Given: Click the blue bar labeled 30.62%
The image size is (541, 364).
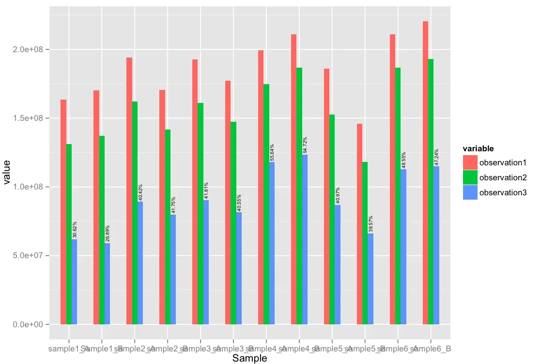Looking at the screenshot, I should pos(74,281).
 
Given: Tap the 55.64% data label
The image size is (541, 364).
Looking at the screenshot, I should pos(272,152).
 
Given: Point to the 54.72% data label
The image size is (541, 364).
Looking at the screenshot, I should pos(305,146).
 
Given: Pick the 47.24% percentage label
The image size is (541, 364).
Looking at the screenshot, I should pos(437,158).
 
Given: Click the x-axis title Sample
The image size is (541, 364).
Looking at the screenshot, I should pos(249,358).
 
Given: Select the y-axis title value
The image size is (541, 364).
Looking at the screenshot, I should pos(7,173).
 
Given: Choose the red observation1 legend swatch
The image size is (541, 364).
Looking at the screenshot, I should pos(470,162).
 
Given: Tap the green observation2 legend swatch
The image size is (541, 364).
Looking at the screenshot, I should pos(470,177).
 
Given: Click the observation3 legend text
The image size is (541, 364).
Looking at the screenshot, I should pos(503,192).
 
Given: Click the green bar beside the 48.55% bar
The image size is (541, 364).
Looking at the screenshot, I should pos(398,196).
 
